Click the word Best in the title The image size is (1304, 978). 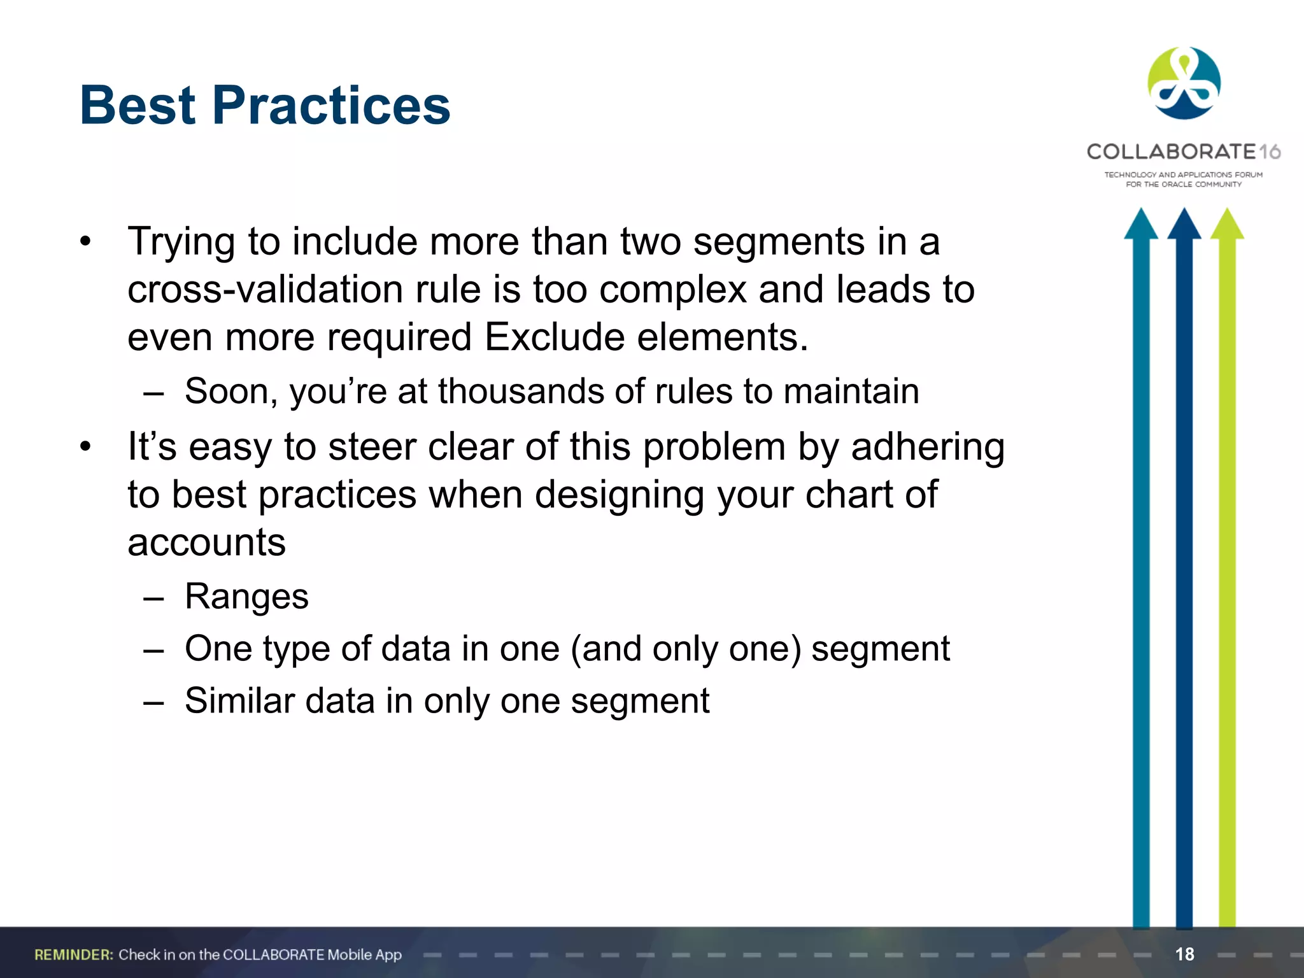coord(138,106)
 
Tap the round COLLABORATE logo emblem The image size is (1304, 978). coord(1184,83)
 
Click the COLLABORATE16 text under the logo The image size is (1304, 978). coord(1183,152)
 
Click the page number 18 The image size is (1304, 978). coord(1184,954)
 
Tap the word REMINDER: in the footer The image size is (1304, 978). coord(74,954)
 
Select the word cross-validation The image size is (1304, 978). coord(265,290)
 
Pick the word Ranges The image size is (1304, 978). coord(246,597)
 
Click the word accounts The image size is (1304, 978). coord(206,542)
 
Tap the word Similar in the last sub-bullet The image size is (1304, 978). coord(239,701)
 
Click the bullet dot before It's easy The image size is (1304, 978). coord(86,446)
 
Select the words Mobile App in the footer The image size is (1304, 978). coord(364,954)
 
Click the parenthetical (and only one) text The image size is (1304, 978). coord(686,649)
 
